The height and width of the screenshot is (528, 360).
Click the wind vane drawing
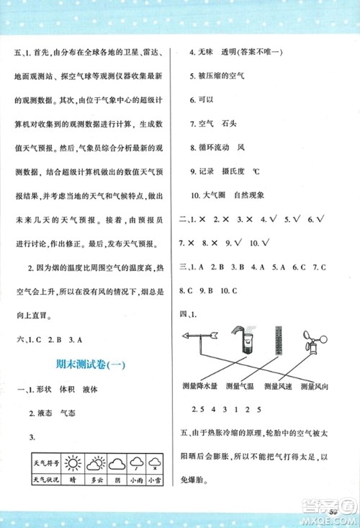[x=202, y=334]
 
